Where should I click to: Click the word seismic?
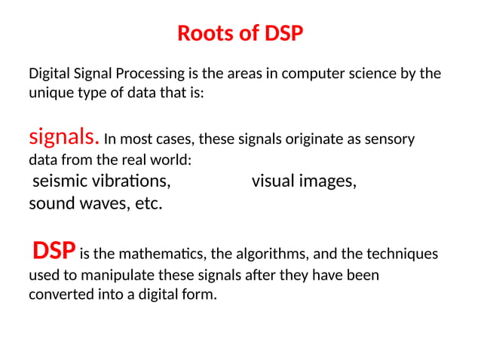60,182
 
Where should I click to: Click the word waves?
97,203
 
